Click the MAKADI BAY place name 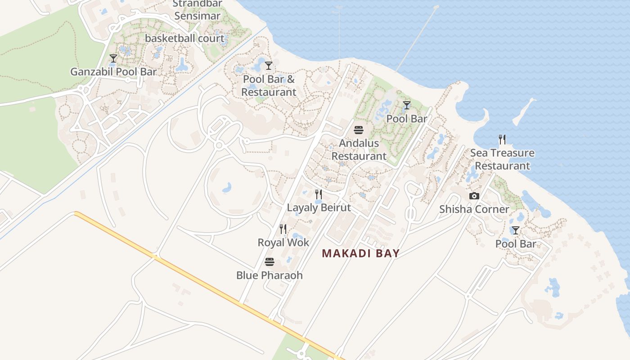[x=361, y=253]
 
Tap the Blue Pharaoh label [x=270, y=275]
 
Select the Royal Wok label [x=283, y=243]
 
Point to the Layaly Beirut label [x=319, y=208]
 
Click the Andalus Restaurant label [x=359, y=150]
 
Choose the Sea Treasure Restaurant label [x=502, y=159]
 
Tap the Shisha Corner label [x=474, y=209]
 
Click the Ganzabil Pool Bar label [x=113, y=72]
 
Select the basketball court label [x=184, y=38]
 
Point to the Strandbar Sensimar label [x=197, y=10]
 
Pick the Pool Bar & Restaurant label [x=269, y=85]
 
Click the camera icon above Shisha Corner [x=474, y=196]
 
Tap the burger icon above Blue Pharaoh [x=270, y=262]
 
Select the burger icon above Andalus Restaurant [x=359, y=130]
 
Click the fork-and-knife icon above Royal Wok [x=283, y=229]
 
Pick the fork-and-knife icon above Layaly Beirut [x=319, y=194]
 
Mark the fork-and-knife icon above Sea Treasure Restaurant [x=502, y=139]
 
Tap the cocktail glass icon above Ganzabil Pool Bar [x=113, y=58]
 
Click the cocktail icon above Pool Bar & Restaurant [x=269, y=66]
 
